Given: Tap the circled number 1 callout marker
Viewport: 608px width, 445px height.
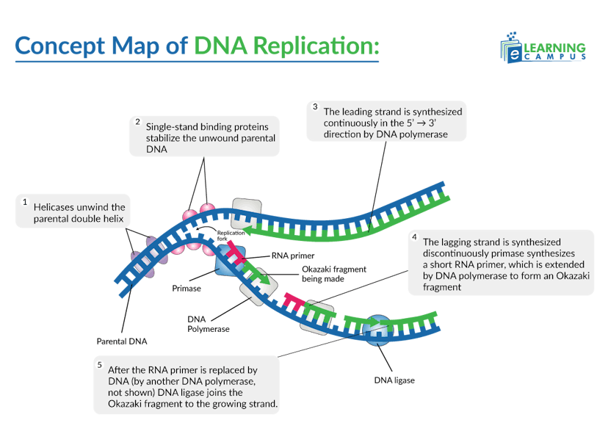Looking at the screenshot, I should pyautogui.click(x=24, y=201).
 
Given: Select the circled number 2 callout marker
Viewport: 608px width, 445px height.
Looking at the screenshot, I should pyautogui.click(x=137, y=121).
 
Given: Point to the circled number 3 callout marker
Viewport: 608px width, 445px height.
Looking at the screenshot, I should pyautogui.click(x=314, y=107).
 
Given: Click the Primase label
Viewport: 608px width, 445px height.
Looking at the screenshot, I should pyautogui.click(x=187, y=289).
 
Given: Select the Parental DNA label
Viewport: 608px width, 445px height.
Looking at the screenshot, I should pyautogui.click(x=121, y=341).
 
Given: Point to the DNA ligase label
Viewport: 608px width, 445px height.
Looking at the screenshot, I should pyautogui.click(x=394, y=380).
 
